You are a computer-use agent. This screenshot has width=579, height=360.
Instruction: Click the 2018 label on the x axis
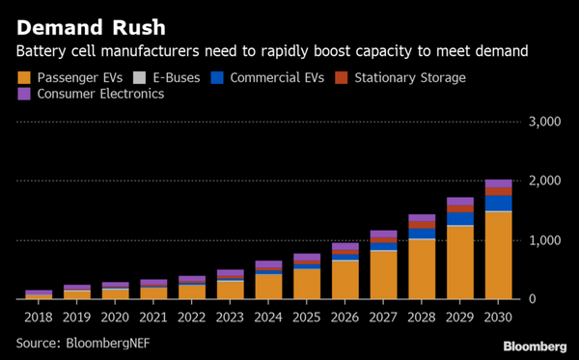(39, 316)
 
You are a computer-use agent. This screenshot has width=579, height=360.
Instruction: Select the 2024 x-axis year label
(268, 316)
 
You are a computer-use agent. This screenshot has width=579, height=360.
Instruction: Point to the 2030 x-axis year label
(498, 316)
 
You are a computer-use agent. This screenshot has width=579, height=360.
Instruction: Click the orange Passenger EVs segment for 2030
(498, 256)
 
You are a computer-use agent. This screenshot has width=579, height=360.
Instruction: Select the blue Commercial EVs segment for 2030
(498, 203)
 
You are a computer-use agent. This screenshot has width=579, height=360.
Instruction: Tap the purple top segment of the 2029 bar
(460, 201)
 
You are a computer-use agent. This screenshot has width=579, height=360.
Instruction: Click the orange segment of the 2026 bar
(345, 280)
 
